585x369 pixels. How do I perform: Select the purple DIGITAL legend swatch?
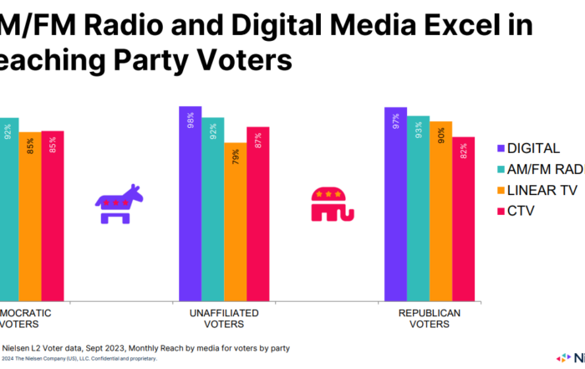(x=500, y=149)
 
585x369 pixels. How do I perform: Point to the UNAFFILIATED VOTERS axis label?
(x=223, y=318)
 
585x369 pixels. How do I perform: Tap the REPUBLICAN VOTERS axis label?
(x=429, y=318)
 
